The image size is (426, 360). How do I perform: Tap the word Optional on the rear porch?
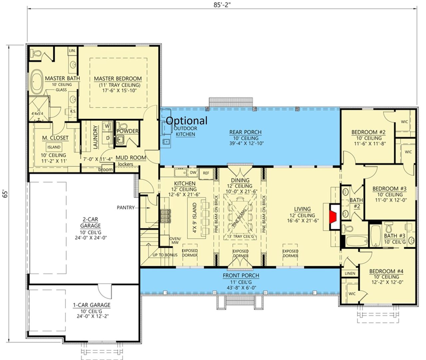click(x=186, y=121)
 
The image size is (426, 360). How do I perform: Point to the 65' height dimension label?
click(x=5, y=194)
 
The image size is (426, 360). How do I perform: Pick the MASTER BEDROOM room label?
click(x=118, y=79)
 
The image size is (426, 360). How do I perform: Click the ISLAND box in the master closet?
click(x=54, y=147)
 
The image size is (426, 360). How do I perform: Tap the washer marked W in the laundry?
click(x=107, y=126)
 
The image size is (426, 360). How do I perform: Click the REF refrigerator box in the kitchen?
click(x=206, y=173)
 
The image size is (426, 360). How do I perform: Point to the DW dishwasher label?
click(x=193, y=173)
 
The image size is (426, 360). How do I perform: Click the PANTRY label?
click(x=125, y=207)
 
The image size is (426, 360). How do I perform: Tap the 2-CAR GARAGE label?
click(x=91, y=222)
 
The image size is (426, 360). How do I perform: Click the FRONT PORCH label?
click(x=241, y=275)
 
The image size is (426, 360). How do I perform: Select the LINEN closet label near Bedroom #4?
click(x=350, y=273)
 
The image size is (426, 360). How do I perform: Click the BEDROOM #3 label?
click(x=389, y=188)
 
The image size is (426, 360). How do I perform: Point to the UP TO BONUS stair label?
click(x=165, y=255)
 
